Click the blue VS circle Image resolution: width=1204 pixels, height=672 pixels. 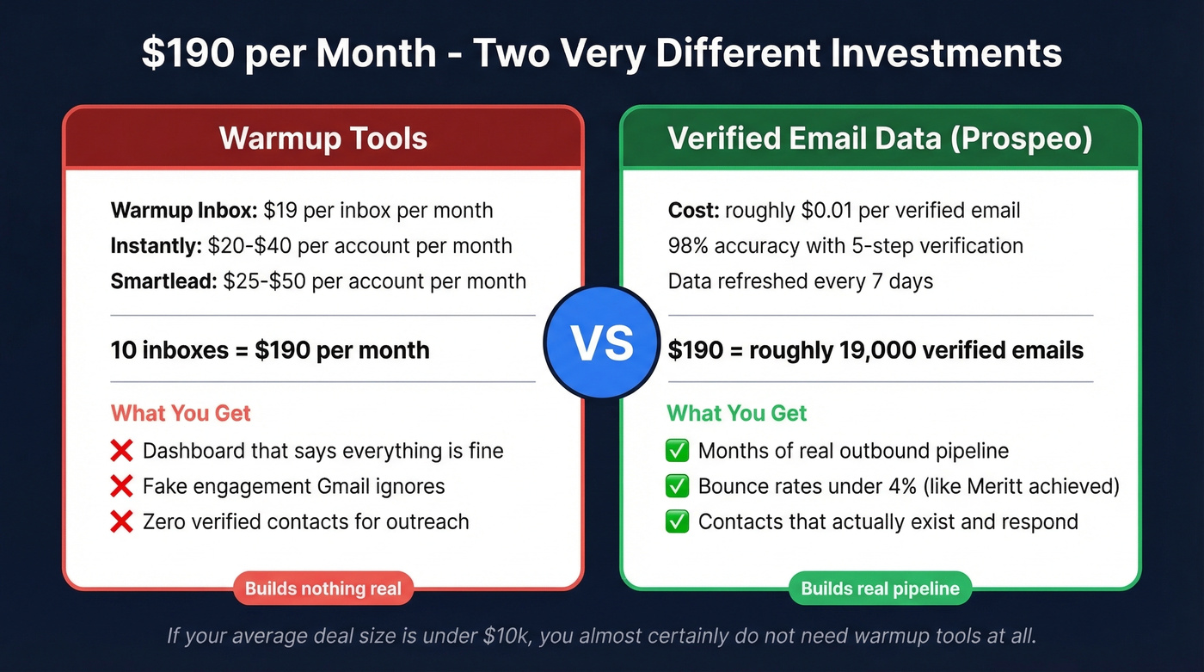tap(602, 343)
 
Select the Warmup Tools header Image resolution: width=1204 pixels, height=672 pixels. tap(323, 139)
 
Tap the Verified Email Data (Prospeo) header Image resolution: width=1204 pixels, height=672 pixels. tap(880, 139)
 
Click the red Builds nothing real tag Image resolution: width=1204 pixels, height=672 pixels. tap(323, 589)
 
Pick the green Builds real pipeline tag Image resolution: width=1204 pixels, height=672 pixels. tap(880, 589)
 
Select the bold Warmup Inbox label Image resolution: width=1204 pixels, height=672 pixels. tap(183, 211)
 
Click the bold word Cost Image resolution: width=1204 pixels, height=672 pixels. tap(691, 211)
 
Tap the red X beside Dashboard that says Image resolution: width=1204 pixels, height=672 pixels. tap(122, 451)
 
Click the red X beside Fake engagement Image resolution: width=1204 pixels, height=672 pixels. tap(122, 486)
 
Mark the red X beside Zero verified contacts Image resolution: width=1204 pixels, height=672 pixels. tap(122, 521)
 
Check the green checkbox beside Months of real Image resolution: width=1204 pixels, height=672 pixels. tap(678, 451)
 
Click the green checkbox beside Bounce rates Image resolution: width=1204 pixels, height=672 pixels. tap(678, 486)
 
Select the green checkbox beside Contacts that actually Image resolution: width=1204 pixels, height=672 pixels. tap(678, 521)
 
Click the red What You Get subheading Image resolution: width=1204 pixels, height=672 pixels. tap(181, 413)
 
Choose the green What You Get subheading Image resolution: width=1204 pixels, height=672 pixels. tap(737, 413)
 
